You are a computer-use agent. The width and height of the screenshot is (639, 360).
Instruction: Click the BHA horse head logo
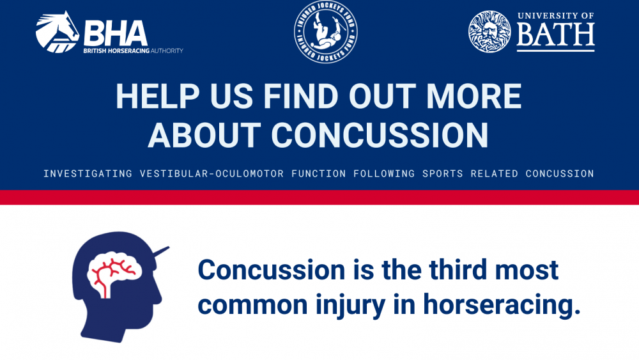pos(57,32)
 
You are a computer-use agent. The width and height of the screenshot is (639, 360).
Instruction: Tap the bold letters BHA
pos(116,33)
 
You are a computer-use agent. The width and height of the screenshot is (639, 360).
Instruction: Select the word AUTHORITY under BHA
pos(167,51)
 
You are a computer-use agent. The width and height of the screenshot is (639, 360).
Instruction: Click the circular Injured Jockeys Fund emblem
pos(326,32)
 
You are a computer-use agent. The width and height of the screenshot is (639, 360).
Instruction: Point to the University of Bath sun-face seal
pos(489,32)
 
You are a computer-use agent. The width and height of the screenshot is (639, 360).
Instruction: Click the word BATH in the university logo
pos(555,35)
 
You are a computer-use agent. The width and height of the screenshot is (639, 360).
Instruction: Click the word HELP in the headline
pos(158,96)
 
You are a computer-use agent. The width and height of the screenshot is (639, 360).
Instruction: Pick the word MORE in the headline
pos(474,96)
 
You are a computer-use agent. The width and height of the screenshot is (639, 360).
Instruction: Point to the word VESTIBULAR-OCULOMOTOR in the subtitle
pos(212,174)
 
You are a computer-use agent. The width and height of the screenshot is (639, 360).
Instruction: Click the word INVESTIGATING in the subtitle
pos(88,174)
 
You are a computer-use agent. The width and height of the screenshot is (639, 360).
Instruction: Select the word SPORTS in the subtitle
pos(443,174)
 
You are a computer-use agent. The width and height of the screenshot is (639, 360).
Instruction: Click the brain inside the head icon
pos(114,274)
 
